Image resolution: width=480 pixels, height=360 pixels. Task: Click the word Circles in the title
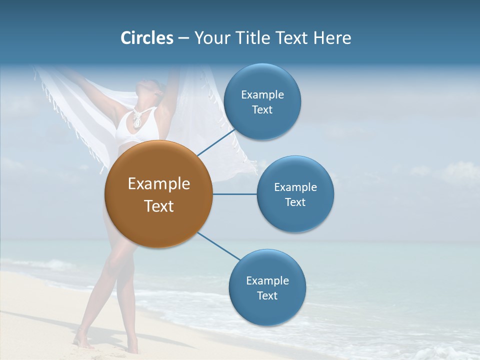pos(146,38)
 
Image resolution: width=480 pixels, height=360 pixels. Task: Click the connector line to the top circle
pos(216,142)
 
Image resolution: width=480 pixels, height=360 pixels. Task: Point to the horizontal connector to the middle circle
pos(234,194)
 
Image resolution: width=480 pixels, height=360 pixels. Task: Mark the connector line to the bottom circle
pos(218,246)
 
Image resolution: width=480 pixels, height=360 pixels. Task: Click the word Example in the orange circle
pos(159,184)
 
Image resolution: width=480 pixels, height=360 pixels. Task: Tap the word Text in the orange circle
pos(159,206)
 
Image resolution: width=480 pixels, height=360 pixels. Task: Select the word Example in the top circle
pos(262,94)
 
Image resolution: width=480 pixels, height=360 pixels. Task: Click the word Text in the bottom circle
pos(267,295)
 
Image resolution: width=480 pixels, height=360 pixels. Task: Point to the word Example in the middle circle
pos(295,187)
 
